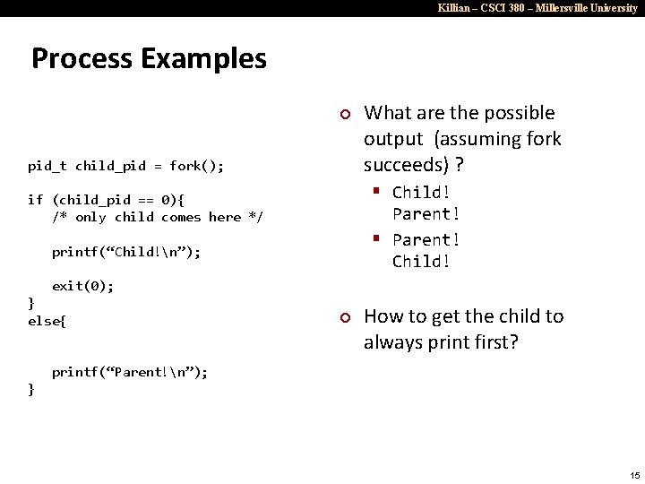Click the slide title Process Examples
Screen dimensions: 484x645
pos(149,59)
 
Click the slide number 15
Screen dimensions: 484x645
pos(634,474)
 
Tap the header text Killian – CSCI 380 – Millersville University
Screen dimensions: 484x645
pos(537,8)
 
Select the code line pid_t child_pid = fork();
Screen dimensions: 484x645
pos(126,166)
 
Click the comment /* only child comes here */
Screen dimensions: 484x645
pos(158,217)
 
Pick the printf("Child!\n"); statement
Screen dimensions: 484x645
pos(126,252)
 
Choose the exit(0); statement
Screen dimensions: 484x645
pos(82,286)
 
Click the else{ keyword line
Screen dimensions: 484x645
pos(47,320)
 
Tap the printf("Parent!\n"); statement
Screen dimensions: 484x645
pos(130,372)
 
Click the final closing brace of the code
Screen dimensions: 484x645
pos(32,389)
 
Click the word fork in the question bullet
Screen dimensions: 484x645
pos(542,139)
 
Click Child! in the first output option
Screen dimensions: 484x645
pos(421,193)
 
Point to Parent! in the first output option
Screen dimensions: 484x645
pos(426,214)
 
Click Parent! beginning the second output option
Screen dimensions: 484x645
pos(426,240)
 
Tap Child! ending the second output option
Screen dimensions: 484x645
pos(421,262)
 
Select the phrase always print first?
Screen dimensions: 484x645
pos(442,342)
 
